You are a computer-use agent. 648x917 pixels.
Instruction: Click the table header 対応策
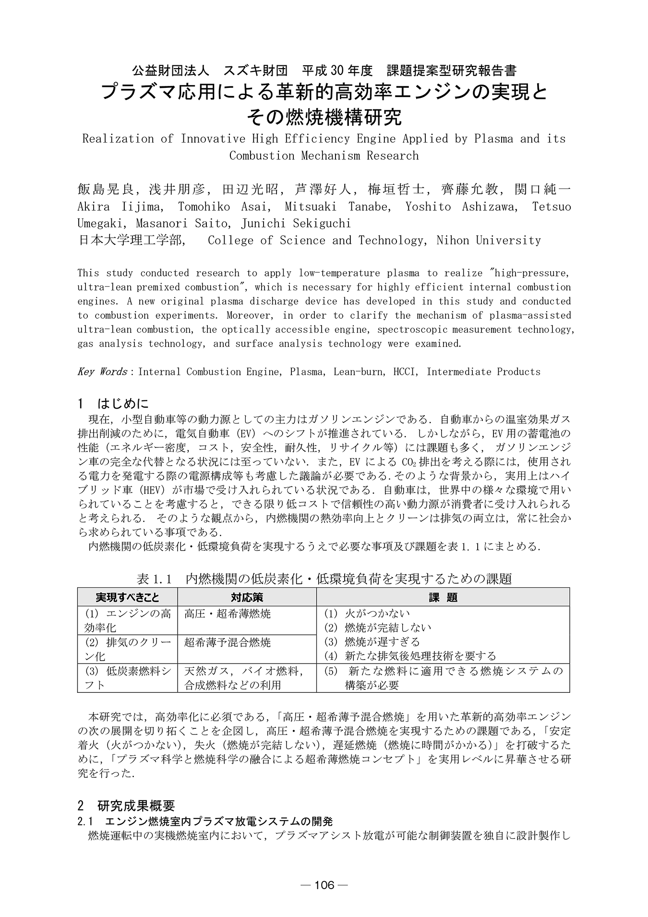pyautogui.click(x=247, y=597)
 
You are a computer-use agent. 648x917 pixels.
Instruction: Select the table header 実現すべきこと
pyautogui.click(x=127, y=597)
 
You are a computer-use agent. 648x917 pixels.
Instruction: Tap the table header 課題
pyautogui.click(x=443, y=597)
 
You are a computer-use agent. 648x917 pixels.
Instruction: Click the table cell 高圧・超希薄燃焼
pyautogui.click(x=228, y=614)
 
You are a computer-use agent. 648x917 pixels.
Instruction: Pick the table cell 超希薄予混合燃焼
pyautogui.click(x=228, y=642)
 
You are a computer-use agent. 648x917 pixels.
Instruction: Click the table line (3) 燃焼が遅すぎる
pyautogui.click(x=372, y=642)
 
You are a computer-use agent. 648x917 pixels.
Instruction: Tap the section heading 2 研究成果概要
pyautogui.click(x=126, y=806)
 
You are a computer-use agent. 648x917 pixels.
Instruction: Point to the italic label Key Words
pyautogui.click(x=102, y=372)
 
